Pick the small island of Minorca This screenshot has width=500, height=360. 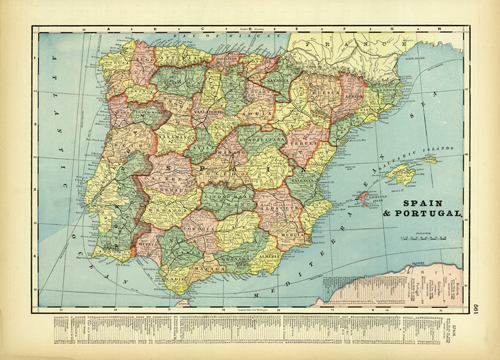431,158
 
